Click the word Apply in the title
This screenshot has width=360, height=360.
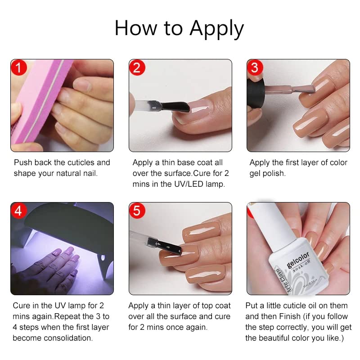click(x=216, y=29)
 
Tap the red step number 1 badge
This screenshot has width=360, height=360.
click(x=19, y=68)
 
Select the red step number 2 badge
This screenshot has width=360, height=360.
click(x=137, y=68)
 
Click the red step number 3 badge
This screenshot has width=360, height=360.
click(x=255, y=68)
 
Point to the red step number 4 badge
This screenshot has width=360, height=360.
click(x=19, y=211)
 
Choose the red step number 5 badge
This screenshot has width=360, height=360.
click(x=137, y=211)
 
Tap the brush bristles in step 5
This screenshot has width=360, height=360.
click(x=169, y=247)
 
